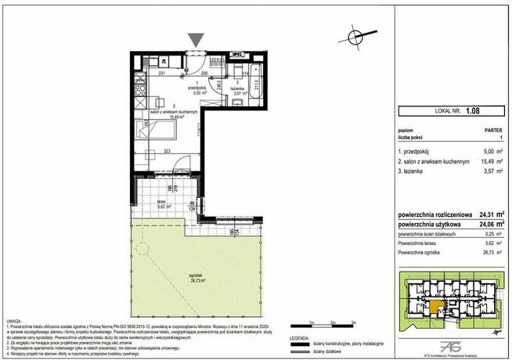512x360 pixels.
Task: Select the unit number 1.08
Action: (472, 111)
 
